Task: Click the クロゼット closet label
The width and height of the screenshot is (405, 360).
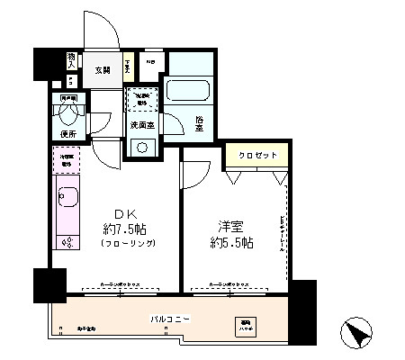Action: (256, 155)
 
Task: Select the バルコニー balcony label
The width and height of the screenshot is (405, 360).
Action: (169, 319)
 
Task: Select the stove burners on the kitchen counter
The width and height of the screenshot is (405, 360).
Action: (67, 240)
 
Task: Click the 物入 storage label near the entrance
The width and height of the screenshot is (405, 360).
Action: (71, 59)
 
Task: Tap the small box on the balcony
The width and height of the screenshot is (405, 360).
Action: (245, 326)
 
